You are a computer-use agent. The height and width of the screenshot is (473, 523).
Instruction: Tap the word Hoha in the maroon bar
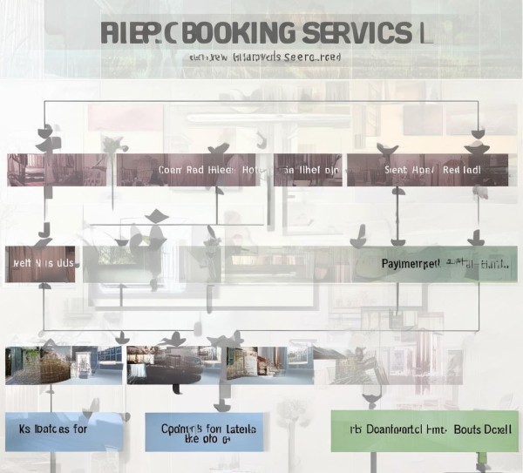click(250, 170)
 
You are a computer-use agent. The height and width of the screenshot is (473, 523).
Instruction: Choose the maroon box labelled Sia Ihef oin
click(307, 170)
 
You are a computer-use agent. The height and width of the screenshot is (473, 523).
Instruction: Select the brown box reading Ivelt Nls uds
click(40, 263)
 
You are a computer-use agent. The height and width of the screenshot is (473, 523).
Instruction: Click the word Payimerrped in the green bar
click(410, 263)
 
